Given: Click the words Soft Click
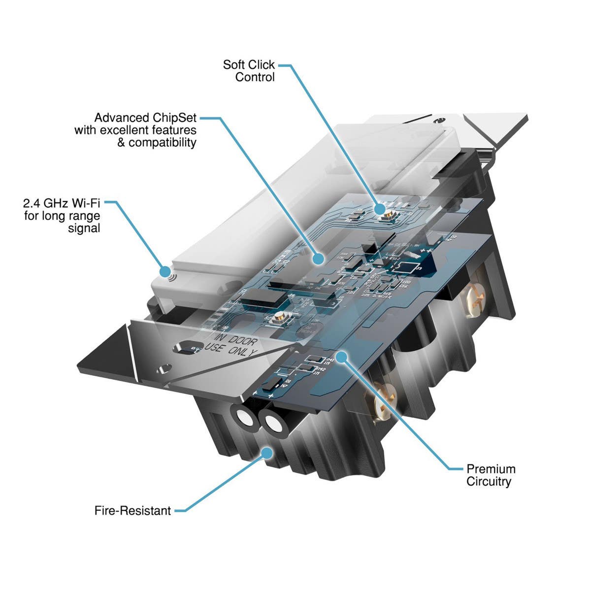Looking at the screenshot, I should tap(249, 65).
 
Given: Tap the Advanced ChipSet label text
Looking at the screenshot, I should tap(145, 118).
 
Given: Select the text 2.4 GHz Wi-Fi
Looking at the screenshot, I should tap(62, 203).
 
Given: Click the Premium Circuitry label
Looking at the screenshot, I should tap(491, 475).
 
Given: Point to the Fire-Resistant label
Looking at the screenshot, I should tap(132, 511).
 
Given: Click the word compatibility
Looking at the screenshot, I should tap(163, 143).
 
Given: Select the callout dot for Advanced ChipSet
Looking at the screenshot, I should tap(319, 258).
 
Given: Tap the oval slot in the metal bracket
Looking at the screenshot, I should tap(186, 347).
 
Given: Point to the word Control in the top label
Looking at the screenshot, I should tap(255, 77).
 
